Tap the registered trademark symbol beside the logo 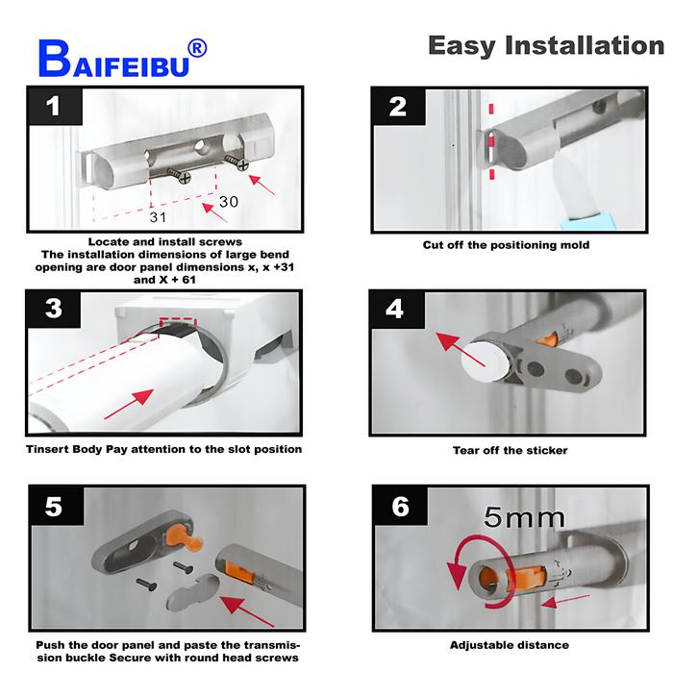coord(195,47)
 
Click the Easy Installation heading coord(545,45)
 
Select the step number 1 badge coord(53,106)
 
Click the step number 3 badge coord(53,309)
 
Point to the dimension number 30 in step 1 coord(228,202)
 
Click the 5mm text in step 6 coord(526,518)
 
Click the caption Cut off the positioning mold coord(506,245)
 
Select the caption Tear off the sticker coord(510,450)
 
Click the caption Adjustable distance coord(510,645)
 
